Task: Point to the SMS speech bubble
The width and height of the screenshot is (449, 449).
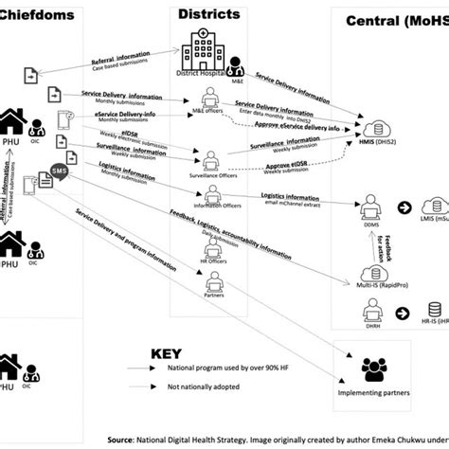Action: (x=59, y=171)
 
